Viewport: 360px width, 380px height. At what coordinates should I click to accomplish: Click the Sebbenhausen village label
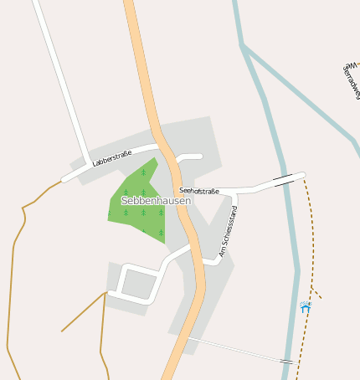tap(156, 201)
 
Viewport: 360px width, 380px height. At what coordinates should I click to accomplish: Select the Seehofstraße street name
tap(199, 191)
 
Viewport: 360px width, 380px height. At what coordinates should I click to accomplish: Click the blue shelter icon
tap(306, 307)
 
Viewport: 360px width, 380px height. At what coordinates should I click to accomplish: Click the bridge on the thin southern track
tap(286, 361)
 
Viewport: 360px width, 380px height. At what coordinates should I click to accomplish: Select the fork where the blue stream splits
tap(244, 47)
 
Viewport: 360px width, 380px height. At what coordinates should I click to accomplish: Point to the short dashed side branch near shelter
tap(316, 293)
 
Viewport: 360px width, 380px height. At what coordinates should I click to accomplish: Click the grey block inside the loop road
tap(138, 283)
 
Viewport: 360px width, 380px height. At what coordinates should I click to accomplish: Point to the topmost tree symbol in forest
tap(143, 172)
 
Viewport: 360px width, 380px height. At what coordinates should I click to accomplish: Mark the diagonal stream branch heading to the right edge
tap(301, 92)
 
